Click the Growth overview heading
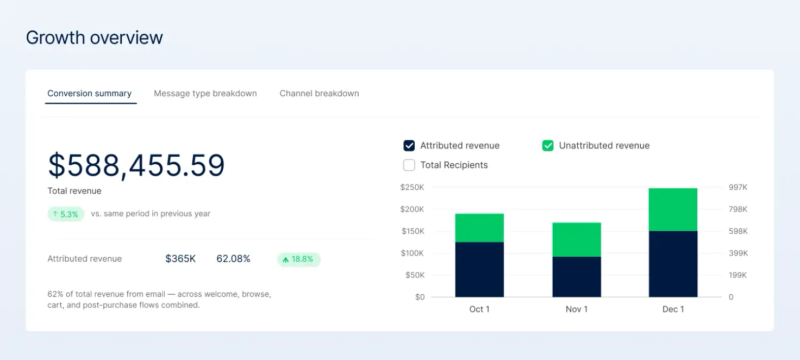(x=94, y=38)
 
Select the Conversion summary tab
(x=89, y=94)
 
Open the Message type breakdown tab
(x=205, y=94)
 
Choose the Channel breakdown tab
(x=319, y=94)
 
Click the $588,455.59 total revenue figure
(x=136, y=165)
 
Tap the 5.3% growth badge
(x=66, y=214)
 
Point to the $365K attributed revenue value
(x=180, y=258)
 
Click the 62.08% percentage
(x=233, y=258)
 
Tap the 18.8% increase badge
(x=298, y=259)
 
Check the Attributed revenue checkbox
(x=409, y=146)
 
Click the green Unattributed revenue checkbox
(x=548, y=146)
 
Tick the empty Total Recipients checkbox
(x=409, y=165)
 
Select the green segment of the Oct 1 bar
(x=479, y=228)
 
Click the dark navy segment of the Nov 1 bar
(x=577, y=277)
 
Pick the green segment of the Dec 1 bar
(x=673, y=209)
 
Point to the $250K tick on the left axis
(x=412, y=187)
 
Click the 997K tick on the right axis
(x=738, y=187)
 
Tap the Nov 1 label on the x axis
(x=577, y=309)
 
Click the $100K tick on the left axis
(x=412, y=253)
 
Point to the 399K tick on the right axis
(x=738, y=253)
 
